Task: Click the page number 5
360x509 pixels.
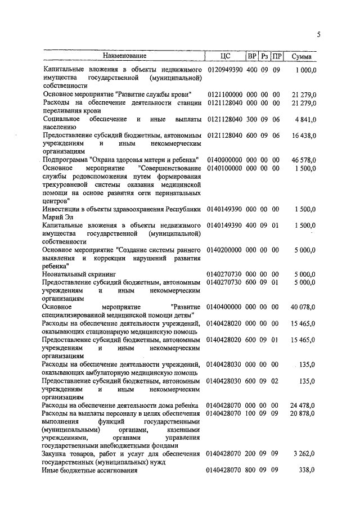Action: click(318, 35)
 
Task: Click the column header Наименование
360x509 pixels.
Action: click(124, 56)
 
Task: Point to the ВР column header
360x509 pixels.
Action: click(251, 56)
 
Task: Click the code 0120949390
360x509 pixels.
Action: click(224, 69)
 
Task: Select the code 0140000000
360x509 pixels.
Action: click(224, 160)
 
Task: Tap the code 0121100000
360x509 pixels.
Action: click(224, 94)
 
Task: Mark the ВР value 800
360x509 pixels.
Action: click(251, 470)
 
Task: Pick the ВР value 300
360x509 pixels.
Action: click(251, 120)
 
